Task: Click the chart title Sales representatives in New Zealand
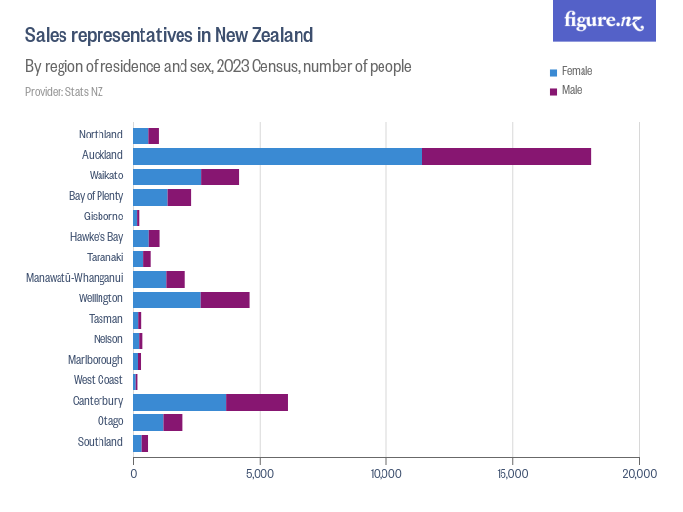169,36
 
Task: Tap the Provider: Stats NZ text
63,92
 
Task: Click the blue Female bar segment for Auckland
277,156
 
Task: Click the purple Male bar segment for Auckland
506,156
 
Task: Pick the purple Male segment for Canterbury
257,402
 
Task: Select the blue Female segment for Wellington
167,299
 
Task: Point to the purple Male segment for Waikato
220,177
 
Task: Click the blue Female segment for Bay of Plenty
150,197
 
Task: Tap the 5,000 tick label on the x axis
260,473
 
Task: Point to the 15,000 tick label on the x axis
512,473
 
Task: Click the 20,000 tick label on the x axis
638,473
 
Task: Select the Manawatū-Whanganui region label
75,278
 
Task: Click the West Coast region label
99,380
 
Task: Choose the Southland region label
100,442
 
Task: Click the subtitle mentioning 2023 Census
218,67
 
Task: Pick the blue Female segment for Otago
148,422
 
